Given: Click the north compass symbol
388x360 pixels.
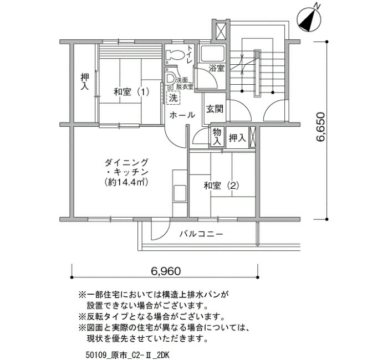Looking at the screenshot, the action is coord(310,20).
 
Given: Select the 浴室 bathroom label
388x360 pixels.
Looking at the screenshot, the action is coord(217,68).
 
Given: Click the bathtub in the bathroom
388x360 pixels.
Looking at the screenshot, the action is coord(212,54).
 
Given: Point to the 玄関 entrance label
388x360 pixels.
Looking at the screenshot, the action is coord(215,109).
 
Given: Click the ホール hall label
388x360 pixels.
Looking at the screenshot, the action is coord(182,115).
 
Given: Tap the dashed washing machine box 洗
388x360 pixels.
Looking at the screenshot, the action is coord(173,98).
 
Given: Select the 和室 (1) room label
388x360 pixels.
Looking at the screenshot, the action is coord(131,92).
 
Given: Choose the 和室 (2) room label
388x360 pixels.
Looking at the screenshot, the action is coord(222,186).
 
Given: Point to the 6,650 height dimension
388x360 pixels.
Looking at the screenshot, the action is coord(320,130).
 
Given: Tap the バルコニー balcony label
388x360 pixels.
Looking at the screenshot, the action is coord(201,234).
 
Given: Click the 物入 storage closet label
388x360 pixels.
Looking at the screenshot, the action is coord(217,136).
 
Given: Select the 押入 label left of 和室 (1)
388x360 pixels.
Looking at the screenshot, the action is coord(85,81).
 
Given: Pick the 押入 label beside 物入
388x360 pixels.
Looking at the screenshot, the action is coord(237,138).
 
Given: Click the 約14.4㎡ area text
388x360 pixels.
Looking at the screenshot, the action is coord(126,182).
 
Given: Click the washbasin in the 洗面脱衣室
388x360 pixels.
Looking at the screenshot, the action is coord(171,79).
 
